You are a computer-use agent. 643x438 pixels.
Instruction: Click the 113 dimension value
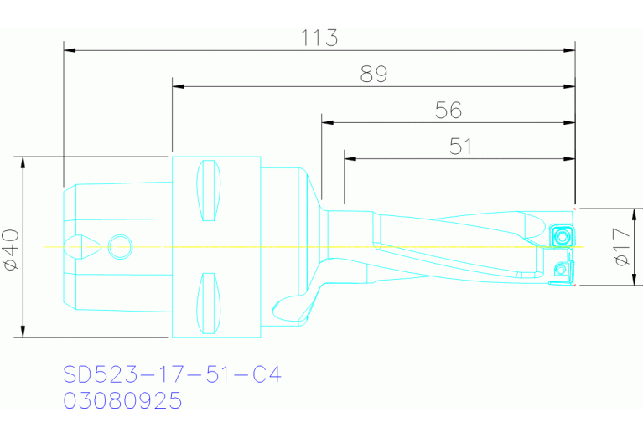(319, 38)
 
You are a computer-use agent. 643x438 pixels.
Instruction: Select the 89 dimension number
(373, 75)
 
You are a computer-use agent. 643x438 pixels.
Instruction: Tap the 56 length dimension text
(449, 111)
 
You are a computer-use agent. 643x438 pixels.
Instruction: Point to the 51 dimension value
(460, 147)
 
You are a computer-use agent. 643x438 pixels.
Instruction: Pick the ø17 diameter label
(621, 248)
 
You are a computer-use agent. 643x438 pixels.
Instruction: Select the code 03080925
(123, 401)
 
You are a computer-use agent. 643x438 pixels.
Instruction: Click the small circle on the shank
(120, 246)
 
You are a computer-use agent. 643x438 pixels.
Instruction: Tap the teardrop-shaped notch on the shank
(85, 246)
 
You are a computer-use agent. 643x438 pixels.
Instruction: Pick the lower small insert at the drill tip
(562, 269)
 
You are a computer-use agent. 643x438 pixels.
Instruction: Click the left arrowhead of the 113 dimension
(70, 50)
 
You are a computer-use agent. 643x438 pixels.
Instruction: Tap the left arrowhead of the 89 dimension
(178, 86)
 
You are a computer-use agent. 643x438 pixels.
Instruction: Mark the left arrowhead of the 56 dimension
(327, 122)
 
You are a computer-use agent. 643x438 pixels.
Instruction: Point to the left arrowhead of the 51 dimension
(350, 158)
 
